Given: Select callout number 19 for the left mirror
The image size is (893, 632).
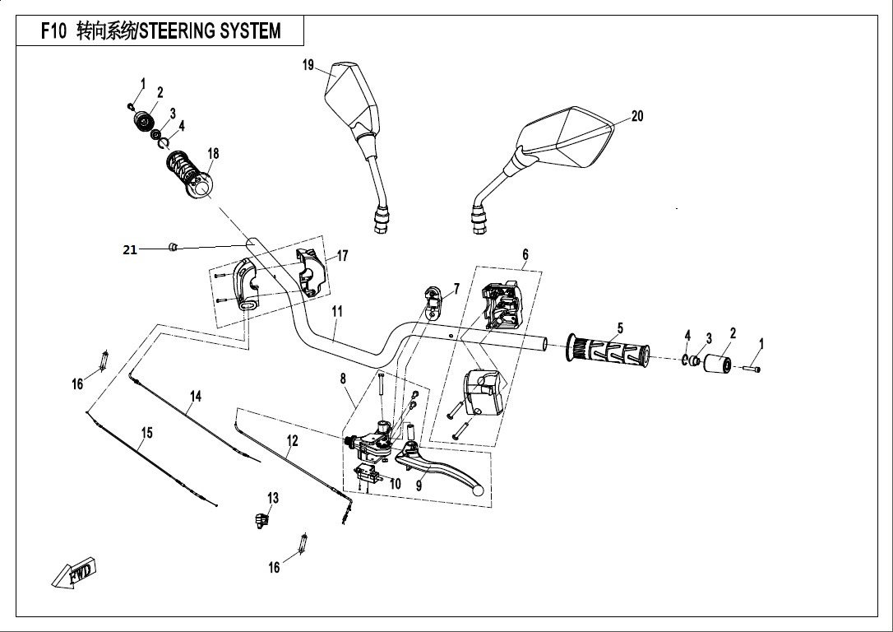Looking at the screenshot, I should pos(308,65).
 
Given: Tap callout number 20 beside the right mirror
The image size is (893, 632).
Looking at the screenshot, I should pos(637,117).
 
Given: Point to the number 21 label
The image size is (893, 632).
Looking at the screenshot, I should pos(130,250).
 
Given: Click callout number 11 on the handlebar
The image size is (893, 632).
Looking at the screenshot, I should pos(336,312).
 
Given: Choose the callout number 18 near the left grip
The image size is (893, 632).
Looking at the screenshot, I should pos(213,154).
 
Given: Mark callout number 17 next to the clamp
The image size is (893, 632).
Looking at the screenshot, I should pos(342,257).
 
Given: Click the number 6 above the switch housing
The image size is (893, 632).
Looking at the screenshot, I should pos(525,254).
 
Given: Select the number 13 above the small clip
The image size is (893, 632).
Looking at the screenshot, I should pos(273,498).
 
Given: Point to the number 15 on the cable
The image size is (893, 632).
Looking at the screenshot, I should pos(146,433).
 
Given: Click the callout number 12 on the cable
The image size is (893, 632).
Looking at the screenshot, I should pos(291,441).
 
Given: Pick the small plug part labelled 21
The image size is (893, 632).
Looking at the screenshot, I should pos(172,247).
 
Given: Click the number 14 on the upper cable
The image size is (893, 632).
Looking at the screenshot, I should pos(195,396).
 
